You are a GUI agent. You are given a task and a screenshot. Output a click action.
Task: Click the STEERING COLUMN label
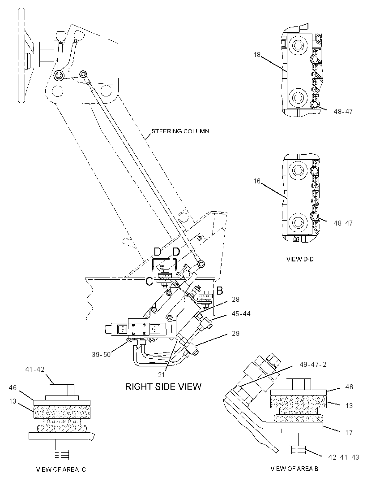pyautogui.click(x=180, y=131)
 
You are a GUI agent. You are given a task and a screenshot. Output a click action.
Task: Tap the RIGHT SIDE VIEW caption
pyautogui.click(x=163, y=387)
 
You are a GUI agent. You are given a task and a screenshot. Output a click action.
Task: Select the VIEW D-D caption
pyautogui.click(x=300, y=259)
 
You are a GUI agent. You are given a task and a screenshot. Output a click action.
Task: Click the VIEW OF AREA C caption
pyautogui.click(x=61, y=469)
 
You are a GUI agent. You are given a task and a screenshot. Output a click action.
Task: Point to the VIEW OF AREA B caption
pyautogui.click(x=294, y=469)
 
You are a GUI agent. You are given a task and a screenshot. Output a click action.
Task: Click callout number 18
pyautogui.click(x=257, y=55)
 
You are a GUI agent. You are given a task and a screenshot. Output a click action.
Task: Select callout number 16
pyautogui.click(x=257, y=181)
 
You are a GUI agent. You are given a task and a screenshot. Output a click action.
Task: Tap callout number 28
pyautogui.click(x=235, y=300)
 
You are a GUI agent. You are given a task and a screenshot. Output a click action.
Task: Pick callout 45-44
pyautogui.click(x=241, y=314)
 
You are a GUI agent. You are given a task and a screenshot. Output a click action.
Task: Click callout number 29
pyautogui.click(x=235, y=334)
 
